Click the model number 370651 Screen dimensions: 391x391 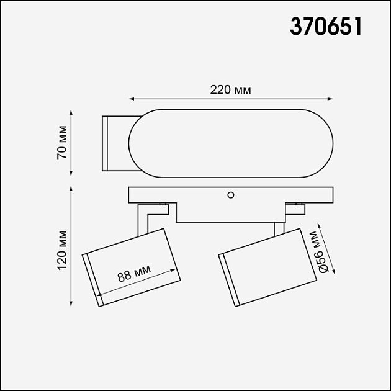[x=326, y=27]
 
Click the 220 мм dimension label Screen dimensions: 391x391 [x=230, y=90]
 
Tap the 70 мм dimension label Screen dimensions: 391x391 [x=62, y=142]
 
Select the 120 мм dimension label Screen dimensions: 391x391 [x=62, y=250]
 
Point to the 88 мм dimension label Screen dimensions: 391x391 [x=134, y=273]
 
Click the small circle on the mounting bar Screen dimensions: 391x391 [x=231, y=195]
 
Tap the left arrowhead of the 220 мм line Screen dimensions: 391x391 [x=132, y=99]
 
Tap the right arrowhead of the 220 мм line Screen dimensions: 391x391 [x=330, y=99]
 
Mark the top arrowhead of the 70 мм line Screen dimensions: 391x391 [x=71, y=112]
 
